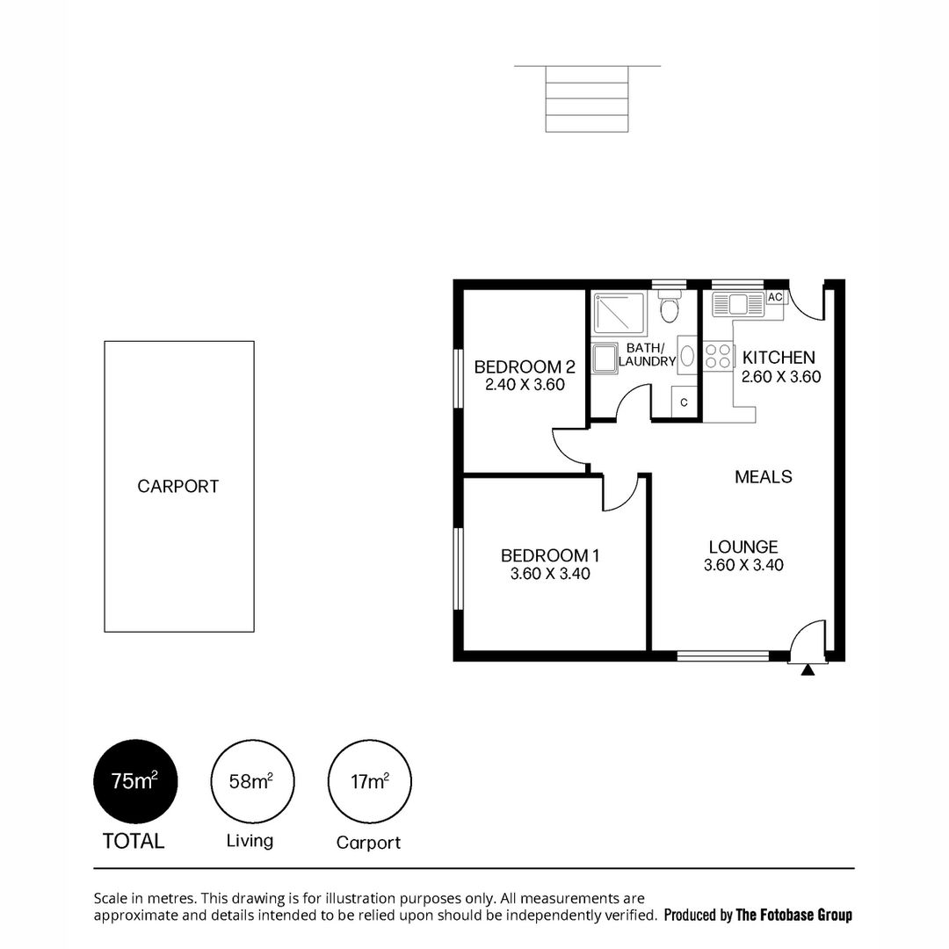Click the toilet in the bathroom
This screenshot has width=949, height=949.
click(x=671, y=309)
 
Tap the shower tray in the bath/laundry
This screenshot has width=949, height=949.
click(x=619, y=312)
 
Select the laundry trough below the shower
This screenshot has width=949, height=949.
click(x=605, y=359)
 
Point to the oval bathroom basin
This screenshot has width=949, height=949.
click(x=687, y=357)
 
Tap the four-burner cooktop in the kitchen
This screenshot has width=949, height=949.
click(x=718, y=356)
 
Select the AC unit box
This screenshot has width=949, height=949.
click(x=775, y=297)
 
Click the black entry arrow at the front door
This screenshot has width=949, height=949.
click(x=808, y=670)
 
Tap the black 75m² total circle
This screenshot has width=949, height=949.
click(x=135, y=780)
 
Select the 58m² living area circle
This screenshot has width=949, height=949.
click(x=252, y=780)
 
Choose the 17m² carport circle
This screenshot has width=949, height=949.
click(x=370, y=780)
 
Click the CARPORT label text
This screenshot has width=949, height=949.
click(x=177, y=486)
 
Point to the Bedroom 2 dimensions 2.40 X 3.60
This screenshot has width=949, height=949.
click(x=524, y=385)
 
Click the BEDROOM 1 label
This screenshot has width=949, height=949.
click(x=549, y=555)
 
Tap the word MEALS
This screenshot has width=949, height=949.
click(x=763, y=476)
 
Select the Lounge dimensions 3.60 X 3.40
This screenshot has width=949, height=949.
click(x=743, y=565)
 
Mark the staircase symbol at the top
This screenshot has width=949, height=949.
click(x=588, y=98)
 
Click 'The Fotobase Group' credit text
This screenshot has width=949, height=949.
click(x=793, y=915)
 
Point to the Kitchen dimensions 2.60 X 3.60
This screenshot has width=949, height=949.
click(x=781, y=377)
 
